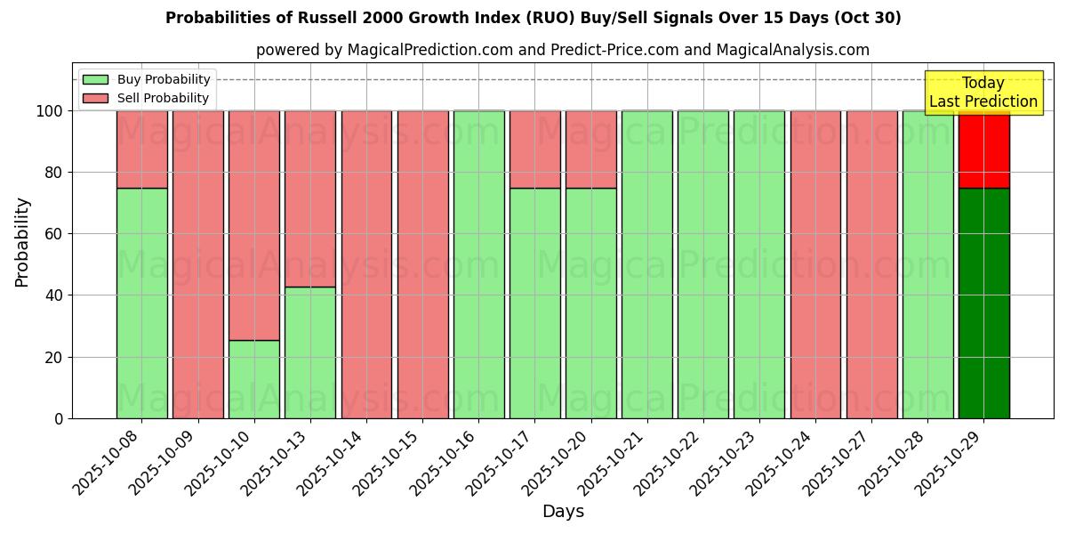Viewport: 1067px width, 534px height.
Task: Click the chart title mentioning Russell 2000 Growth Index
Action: point(533,18)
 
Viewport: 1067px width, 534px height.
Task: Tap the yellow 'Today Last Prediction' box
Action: point(983,93)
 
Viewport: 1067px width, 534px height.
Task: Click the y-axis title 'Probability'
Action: point(22,241)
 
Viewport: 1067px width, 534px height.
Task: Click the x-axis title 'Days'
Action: point(563,512)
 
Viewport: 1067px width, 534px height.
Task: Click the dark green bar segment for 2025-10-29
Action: point(983,303)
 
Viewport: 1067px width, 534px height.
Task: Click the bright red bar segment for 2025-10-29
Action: point(983,149)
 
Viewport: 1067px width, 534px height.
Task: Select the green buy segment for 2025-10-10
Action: point(254,379)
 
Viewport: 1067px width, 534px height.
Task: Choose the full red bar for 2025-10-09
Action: point(198,264)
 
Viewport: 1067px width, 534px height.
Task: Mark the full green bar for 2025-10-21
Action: point(647,264)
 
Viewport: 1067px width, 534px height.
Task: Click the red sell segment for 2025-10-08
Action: point(142,149)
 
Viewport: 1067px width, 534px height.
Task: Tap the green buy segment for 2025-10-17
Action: point(535,303)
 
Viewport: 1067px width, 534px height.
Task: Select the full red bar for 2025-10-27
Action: point(871,264)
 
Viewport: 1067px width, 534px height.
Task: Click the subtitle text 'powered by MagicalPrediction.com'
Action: point(384,50)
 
